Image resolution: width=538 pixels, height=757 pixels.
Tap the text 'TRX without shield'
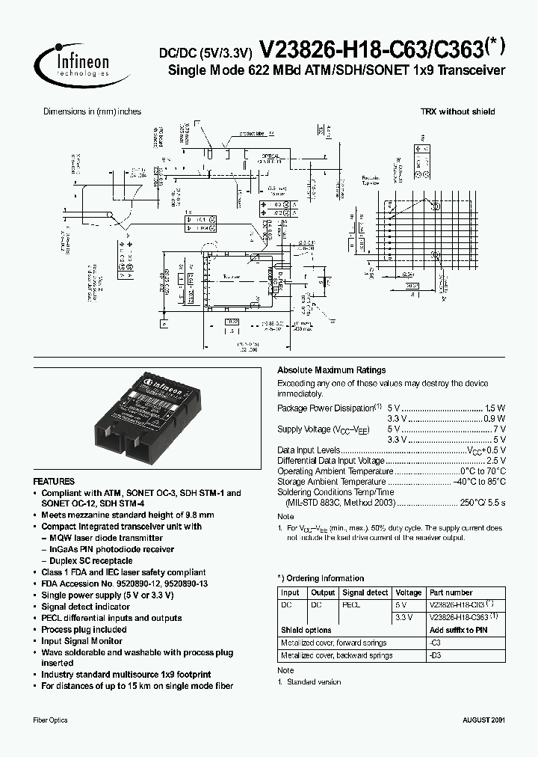point(457,111)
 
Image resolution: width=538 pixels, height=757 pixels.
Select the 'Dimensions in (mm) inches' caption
point(92,111)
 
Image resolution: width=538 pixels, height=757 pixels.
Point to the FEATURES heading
point(55,482)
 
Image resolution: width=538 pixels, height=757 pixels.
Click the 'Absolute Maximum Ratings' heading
point(331,370)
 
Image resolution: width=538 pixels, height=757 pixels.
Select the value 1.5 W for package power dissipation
point(495,408)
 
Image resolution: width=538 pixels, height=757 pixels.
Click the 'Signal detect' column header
point(365,592)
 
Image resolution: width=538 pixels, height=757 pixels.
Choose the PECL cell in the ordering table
point(351,604)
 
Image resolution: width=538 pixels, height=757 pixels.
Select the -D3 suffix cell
point(435,655)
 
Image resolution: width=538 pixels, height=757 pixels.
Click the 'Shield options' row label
point(305,631)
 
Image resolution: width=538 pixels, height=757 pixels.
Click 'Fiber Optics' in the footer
point(51,720)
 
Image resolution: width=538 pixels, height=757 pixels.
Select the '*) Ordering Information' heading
point(321,578)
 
